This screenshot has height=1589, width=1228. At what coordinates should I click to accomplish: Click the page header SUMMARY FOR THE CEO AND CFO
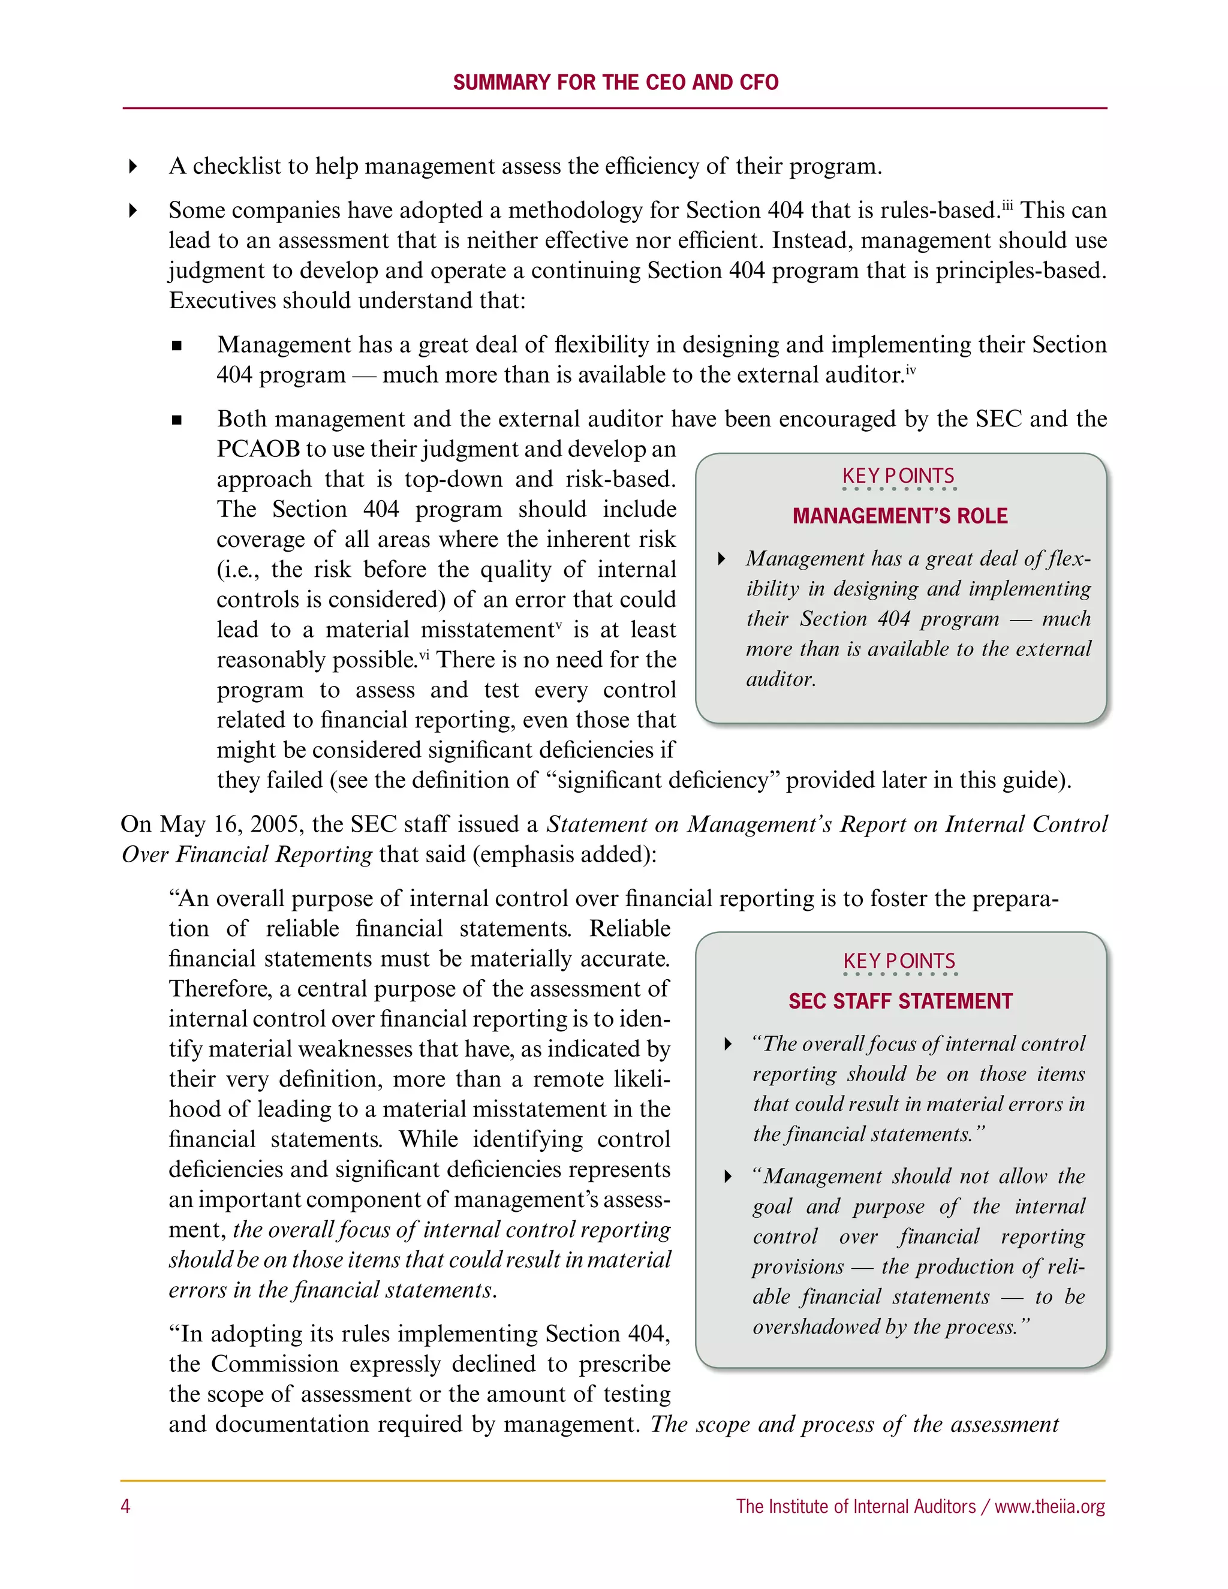(615, 82)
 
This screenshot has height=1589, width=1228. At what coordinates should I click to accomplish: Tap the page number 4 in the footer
(125, 1506)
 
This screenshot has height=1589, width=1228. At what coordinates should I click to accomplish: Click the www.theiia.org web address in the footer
(1049, 1506)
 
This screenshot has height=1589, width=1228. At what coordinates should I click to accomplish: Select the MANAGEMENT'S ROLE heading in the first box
(900, 516)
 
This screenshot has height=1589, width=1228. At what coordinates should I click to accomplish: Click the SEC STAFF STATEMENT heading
(900, 1001)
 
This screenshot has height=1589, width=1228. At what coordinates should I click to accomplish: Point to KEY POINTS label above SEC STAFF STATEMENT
(899, 961)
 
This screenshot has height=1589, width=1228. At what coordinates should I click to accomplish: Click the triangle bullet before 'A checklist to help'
(133, 167)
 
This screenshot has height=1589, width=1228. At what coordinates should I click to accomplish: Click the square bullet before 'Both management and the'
(176, 420)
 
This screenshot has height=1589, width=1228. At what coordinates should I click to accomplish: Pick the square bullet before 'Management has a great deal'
(176, 345)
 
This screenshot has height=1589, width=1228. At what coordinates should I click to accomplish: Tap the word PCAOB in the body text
(258, 449)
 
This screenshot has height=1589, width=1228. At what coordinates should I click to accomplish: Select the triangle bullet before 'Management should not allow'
(728, 1176)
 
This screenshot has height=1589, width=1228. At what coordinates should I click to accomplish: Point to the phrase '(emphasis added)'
(564, 854)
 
